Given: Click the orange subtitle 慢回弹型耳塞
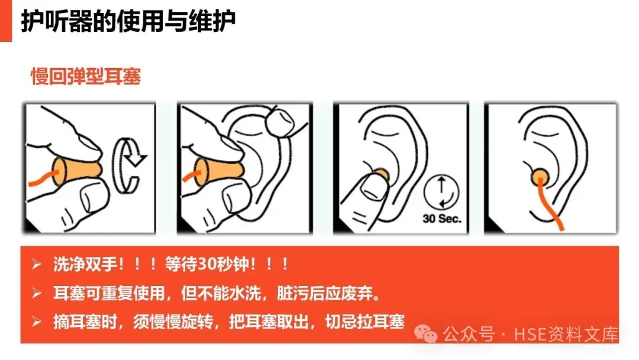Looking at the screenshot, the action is point(86,76).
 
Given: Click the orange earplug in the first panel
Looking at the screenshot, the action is point(76,169).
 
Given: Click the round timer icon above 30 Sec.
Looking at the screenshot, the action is point(441,192).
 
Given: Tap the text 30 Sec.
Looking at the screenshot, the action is point(442,219).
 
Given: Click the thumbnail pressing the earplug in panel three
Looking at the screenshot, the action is point(372,188).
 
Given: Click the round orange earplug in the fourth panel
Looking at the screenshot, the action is point(540,176).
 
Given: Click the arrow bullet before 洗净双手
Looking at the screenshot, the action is point(36,264).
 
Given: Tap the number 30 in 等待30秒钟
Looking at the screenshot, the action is point(206,264).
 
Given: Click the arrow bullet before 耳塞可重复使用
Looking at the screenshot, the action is point(36,292).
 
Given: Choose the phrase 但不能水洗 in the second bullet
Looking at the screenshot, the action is point(221,292).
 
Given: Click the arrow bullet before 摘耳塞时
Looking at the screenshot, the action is point(36,322).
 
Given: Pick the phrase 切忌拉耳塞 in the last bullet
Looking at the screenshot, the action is point(364,322).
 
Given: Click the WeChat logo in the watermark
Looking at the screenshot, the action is point(425,334).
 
